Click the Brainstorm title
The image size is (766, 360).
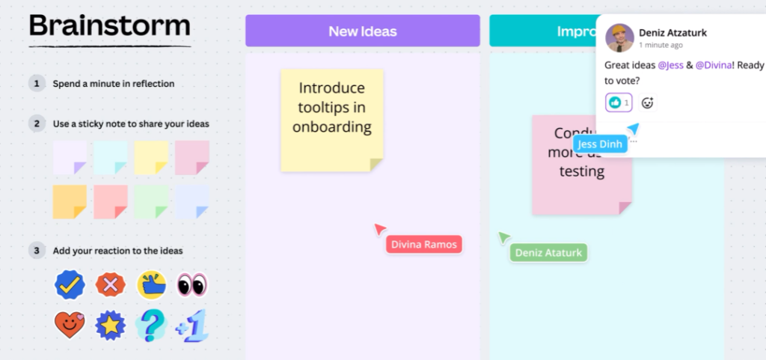click(109, 27)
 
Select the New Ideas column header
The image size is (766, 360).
click(362, 31)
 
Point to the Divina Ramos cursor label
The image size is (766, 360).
click(423, 244)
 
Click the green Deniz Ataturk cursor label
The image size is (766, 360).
click(548, 253)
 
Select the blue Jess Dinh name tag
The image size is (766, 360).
click(600, 144)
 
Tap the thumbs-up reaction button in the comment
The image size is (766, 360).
click(619, 103)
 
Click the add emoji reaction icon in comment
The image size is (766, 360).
click(648, 103)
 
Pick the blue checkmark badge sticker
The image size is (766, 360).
click(70, 284)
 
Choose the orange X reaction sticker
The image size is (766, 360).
click(110, 284)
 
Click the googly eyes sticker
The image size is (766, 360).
click(191, 284)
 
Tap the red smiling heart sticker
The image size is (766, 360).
click(70, 325)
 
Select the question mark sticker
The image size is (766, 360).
click(151, 326)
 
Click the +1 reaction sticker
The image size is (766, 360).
click(191, 326)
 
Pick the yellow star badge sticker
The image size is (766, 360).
click(110, 326)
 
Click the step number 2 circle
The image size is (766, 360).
click(36, 123)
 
